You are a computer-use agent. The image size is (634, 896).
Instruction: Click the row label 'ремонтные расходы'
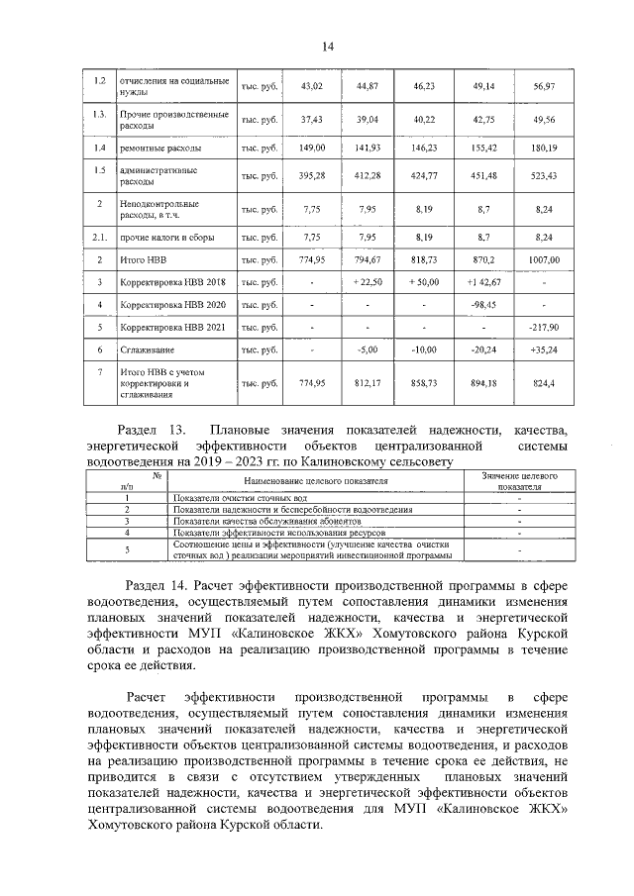pyautogui.click(x=160, y=148)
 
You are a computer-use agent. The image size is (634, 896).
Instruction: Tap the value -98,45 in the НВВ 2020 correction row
pyautogui.click(x=483, y=304)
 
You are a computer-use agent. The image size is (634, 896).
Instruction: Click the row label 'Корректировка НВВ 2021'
pyautogui.click(x=173, y=326)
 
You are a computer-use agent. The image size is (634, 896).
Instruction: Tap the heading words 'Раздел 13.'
pyautogui.click(x=152, y=430)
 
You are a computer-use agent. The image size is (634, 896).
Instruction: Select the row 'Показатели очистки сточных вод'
pyautogui.click(x=233, y=497)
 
